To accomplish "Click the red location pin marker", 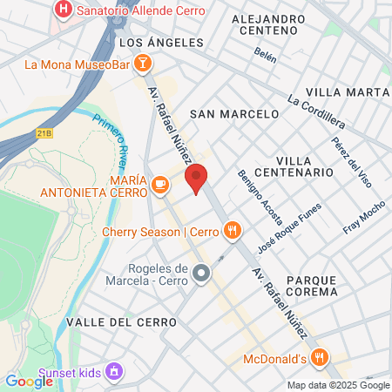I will pos(197,178).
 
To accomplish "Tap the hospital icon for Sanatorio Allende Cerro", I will pos(63,10).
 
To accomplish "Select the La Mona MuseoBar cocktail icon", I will pos(143,63).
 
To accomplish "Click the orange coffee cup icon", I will pos(159,183).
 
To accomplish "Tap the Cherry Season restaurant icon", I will pos(231,231).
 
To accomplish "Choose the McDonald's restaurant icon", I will pos(321,357).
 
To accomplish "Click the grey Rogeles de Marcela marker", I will pos(201,274).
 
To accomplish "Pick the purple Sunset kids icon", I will pos(112,372).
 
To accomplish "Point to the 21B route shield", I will pos(46,133).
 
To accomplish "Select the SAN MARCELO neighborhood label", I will pos(234,113).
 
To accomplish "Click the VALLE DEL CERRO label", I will pos(121,321).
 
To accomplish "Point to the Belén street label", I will pos(266,57).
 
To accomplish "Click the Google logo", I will pos(30,380).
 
